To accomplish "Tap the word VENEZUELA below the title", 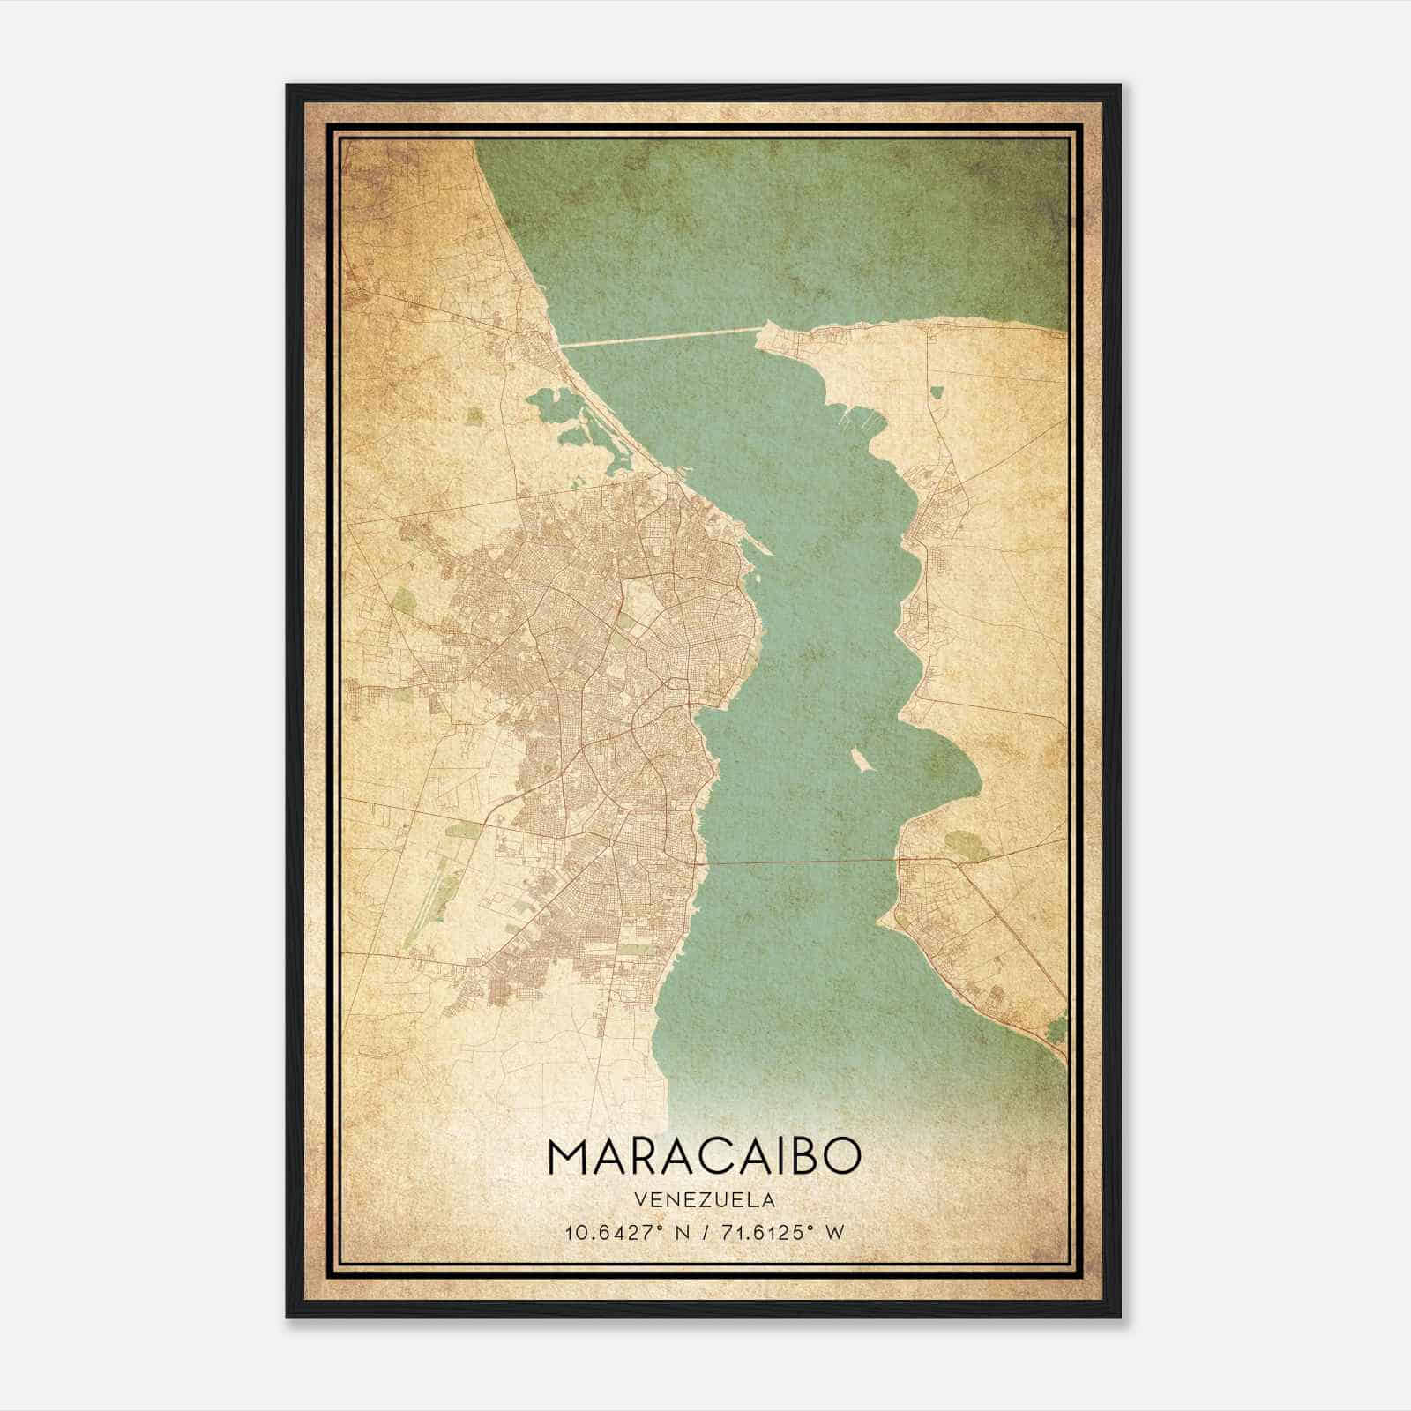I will click(x=703, y=1200).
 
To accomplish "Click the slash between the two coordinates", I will click(x=703, y=1232).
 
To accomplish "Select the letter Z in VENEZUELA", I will click(x=695, y=1200).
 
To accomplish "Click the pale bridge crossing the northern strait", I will click(x=661, y=338).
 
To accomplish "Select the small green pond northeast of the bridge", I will click(x=936, y=392).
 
